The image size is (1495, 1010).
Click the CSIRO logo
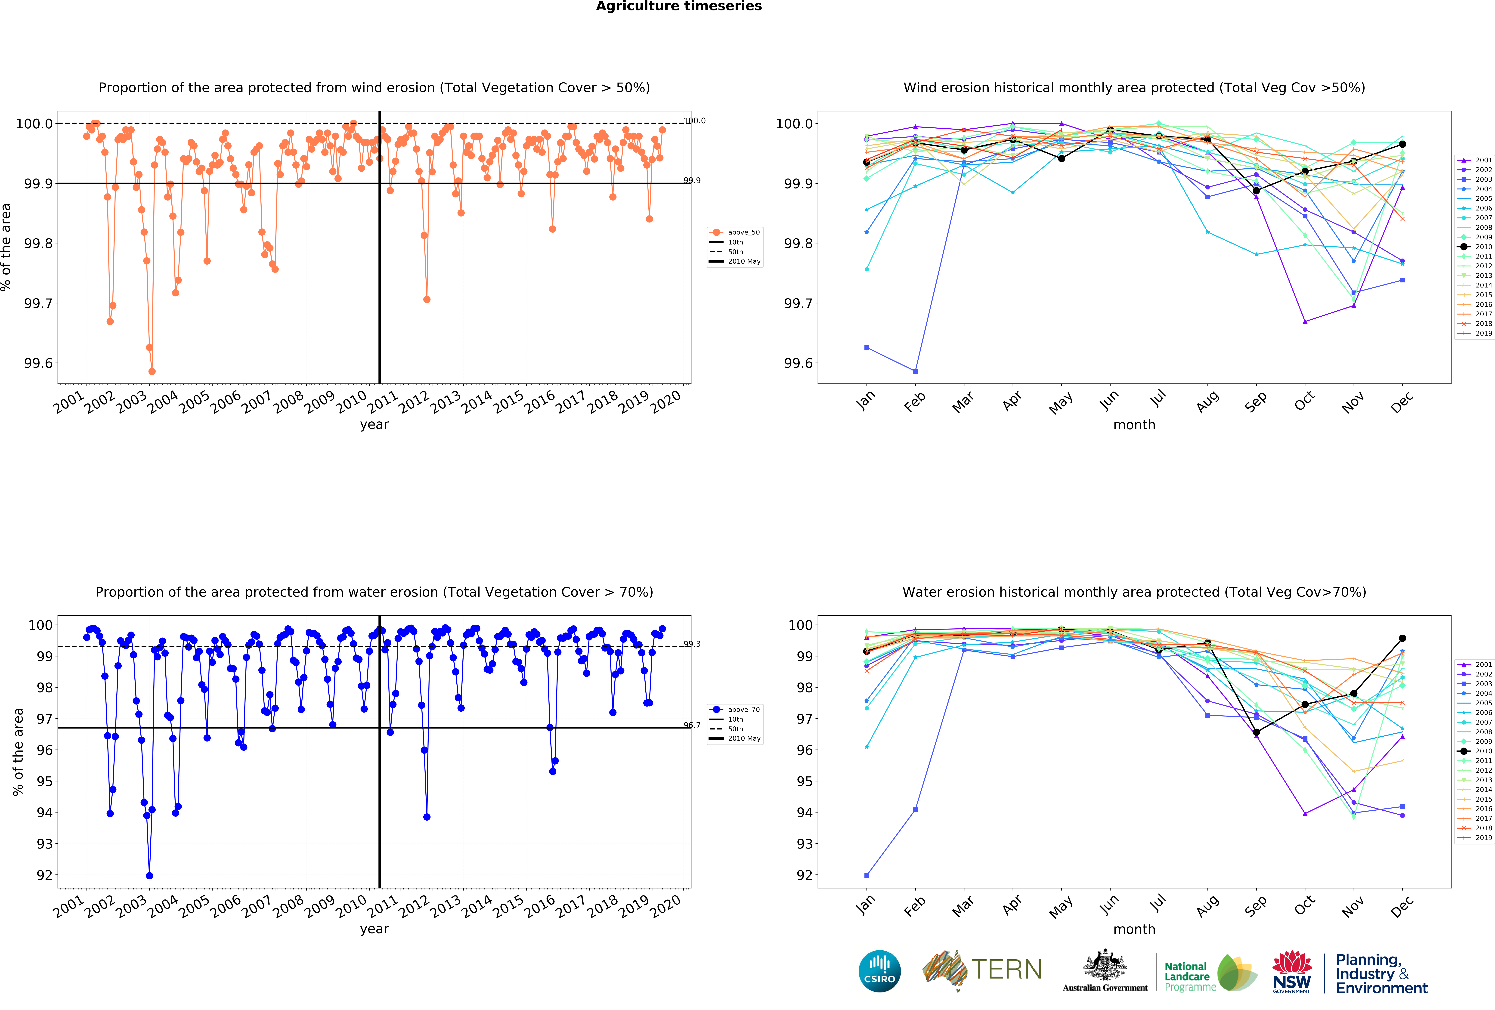(x=879, y=971)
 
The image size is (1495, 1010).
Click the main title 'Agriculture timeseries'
(x=679, y=6)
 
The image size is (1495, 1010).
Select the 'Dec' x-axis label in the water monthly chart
(x=1402, y=905)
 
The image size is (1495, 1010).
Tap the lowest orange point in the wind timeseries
(x=152, y=371)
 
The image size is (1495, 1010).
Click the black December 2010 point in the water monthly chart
(x=1402, y=638)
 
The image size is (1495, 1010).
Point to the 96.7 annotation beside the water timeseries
(x=692, y=725)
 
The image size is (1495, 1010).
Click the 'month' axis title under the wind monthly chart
(x=1134, y=425)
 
